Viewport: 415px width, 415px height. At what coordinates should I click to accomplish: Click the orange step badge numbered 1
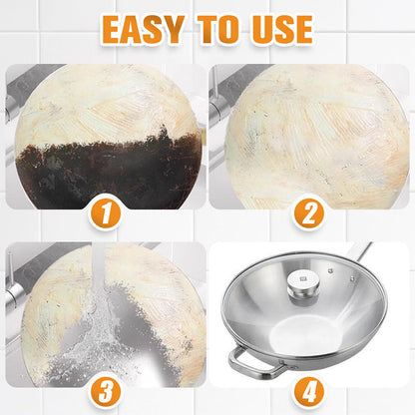point(105,211)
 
